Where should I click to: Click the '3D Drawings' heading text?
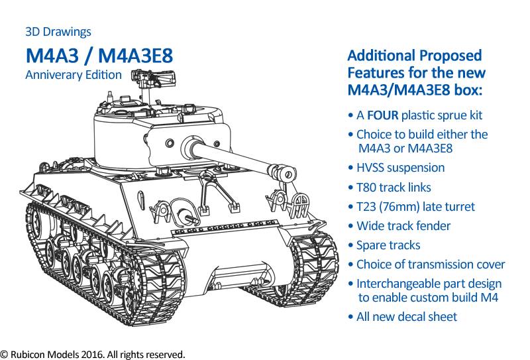coord(58,32)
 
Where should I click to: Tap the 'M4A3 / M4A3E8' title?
coord(99,56)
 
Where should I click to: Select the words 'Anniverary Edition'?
coord(74,75)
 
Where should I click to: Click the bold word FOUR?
coord(383,115)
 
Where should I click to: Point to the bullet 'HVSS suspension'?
coord(396,168)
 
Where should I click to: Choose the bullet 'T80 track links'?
coord(390,188)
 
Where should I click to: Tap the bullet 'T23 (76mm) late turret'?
coord(411,207)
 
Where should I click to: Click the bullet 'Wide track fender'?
coord(399,226)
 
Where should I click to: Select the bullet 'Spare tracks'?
coord(384,245)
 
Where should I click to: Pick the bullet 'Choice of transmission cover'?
coord(426,265)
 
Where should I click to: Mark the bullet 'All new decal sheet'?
coord(402,317)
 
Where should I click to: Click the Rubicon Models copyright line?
coord(93,354)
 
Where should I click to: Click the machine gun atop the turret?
coord(154,77)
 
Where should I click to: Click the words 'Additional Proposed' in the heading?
coord(415,56)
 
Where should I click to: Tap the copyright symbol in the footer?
coord(4,355)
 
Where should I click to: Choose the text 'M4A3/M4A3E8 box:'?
coord(415,90)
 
